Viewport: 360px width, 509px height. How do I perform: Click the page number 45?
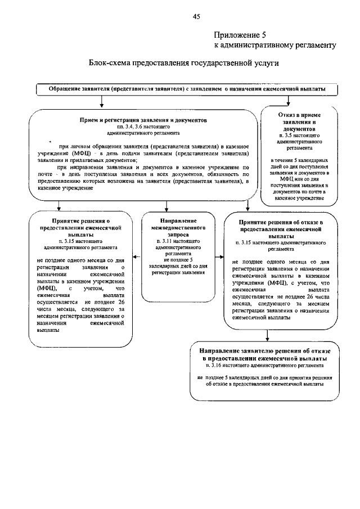click(x=196, y=16)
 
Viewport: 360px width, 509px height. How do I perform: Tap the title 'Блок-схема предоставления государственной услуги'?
click(x=183, y=64)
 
